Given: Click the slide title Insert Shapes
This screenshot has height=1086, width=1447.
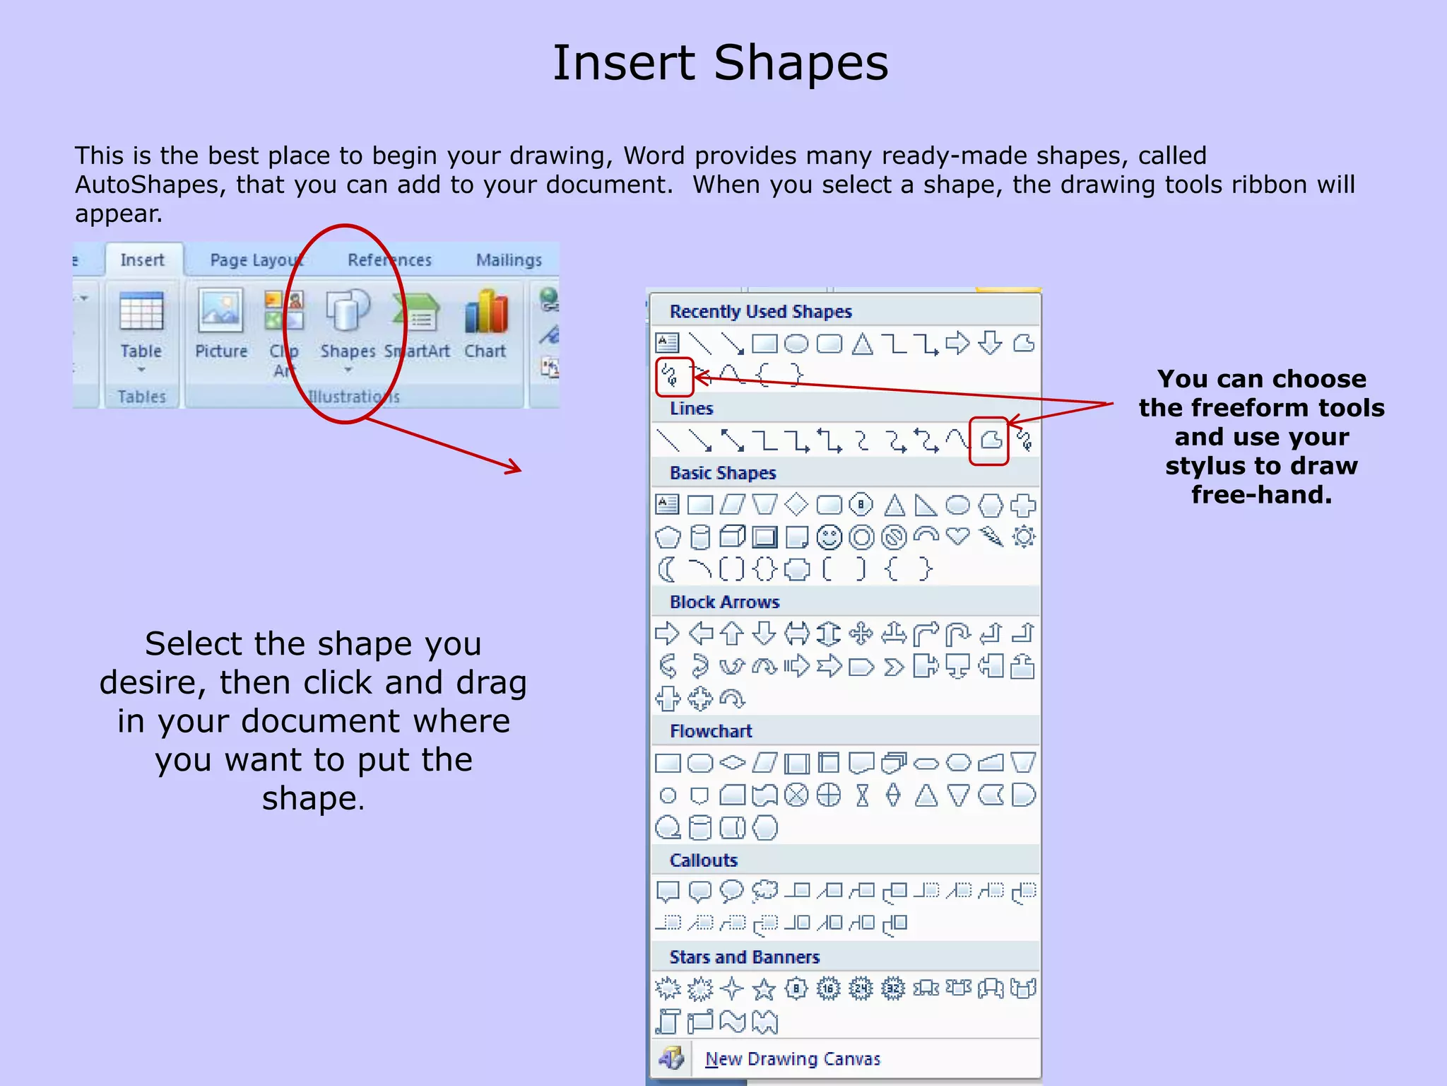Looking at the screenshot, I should (x=720, y=63).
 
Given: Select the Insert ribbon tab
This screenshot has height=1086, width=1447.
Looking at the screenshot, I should (x=142, y=260).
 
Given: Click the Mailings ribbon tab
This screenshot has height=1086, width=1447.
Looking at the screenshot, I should (x=509, y=260).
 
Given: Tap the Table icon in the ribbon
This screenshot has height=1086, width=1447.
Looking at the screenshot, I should (x=141, y=311).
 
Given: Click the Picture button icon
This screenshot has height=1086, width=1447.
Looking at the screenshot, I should (x=220, y=310).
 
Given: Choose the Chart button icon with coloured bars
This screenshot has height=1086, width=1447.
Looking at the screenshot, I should (x=486, y=311).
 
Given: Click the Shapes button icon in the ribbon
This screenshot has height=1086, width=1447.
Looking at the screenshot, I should (x=347, y=310).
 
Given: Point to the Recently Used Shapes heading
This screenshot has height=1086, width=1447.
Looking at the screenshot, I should (x=760, y=312).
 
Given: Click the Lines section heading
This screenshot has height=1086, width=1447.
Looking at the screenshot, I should (x=691, y=409).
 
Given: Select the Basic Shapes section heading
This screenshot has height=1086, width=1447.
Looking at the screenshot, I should (x=723, y=473).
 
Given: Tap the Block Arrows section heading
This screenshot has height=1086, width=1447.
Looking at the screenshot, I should (x=724, y=602).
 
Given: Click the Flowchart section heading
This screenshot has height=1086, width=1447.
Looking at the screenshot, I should (x=711, y=731).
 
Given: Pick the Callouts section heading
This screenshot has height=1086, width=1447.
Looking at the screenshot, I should (x=704, y=860).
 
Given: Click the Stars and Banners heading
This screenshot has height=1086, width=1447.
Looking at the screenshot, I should (x=744, y=957).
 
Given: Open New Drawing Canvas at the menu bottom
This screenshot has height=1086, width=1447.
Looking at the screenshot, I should (x=792, y=1059).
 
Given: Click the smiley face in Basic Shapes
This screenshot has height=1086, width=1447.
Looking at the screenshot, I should (x=829, y=537).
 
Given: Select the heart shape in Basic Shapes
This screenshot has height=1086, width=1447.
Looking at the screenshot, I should (x=958, y=536).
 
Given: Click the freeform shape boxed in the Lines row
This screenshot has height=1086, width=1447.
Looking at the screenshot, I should (x=991, y=440).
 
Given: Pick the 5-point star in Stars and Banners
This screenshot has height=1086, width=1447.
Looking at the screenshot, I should (x=764, y=989).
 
